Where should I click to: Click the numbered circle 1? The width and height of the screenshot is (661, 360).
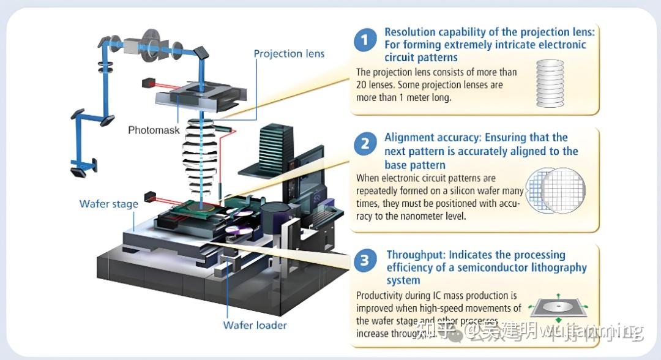[x=365, y=41]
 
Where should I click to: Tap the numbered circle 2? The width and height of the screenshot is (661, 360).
[x=365, y=144]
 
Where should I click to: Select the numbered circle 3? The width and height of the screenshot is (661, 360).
[x=365, y=261]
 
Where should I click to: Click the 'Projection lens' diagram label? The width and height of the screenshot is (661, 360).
[x=289, y=53]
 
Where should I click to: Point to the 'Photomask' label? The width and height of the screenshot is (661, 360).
[x=154, y=130]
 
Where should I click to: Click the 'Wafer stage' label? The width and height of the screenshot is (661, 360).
[x=109, y=204]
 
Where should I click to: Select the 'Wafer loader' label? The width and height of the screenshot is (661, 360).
[x=255, y=325]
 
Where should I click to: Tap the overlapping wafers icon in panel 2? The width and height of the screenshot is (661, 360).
[x=556, y=189]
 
